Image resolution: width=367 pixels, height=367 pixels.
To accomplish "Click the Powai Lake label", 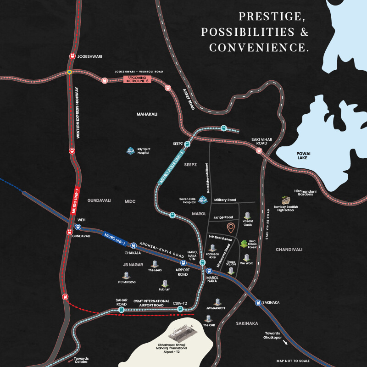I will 302,155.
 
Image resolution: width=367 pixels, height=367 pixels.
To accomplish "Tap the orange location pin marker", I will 232,227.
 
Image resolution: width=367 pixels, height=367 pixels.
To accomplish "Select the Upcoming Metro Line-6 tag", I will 137,79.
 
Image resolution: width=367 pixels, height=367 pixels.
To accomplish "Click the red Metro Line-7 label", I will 76,200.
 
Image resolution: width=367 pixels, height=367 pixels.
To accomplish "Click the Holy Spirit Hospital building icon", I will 130,150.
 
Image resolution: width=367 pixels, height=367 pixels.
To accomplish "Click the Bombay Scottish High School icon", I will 286,200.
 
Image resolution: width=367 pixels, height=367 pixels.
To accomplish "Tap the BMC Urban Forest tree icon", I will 244,243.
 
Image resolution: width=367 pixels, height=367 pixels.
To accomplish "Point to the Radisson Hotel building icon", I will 212,248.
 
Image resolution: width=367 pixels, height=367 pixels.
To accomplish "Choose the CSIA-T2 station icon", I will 180,309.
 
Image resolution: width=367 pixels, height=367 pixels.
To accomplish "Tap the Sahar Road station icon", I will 122,310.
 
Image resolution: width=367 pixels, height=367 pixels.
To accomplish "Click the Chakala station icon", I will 133,246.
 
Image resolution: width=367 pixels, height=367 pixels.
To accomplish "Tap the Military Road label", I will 225,200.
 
